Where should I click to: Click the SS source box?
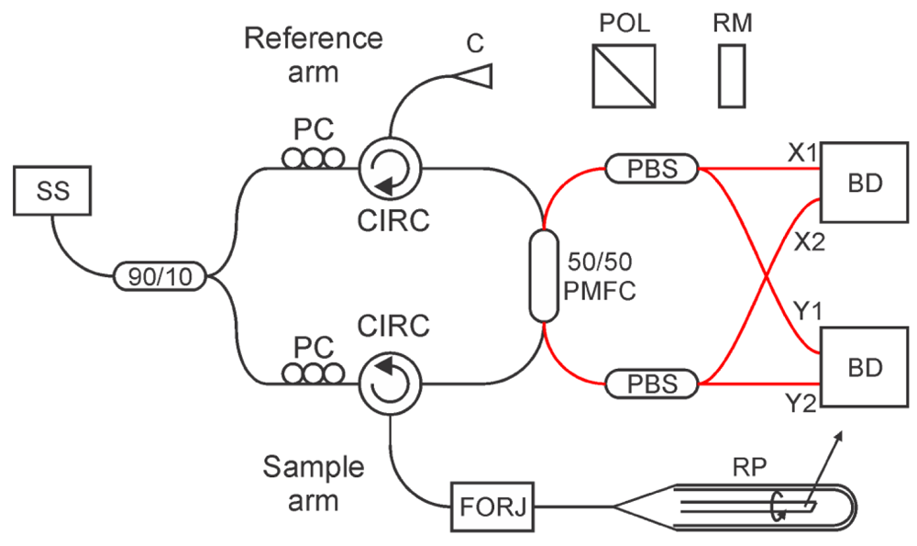pos(52,191)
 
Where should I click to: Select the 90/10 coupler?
pos(160,276)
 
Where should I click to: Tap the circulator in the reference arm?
pos(390,168)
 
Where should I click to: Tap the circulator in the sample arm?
pos(390,384)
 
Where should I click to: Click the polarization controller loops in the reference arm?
pos(313,158)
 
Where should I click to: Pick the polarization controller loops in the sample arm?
pos(313,373)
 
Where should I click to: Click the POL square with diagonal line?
pos(624,76)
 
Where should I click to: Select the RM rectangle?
pos(732,76)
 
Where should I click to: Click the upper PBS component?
pos(651,169)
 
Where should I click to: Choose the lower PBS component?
pos(651,384)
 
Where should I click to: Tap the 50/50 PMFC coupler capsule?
pos(544,276)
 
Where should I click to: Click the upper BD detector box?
pos(865,183)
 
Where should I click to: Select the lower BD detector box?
pos(865,367)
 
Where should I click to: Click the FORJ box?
pos(492,507)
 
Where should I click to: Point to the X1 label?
pos(801,153)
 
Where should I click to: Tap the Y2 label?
pos(800,403)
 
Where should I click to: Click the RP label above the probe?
pos(750,467)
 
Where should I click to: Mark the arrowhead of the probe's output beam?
pos(840,437)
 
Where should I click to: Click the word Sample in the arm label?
pos(314,468)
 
